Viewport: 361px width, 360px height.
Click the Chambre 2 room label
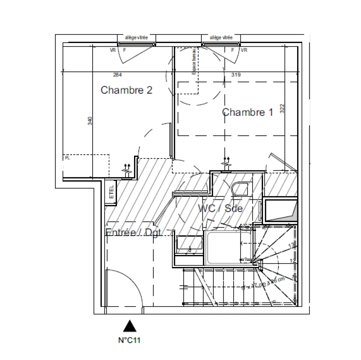pyautogui.click(x=126, y=90)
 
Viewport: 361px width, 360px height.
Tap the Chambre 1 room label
pyautogui.click(x=247, y=112)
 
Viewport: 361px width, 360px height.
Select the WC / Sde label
pyautogui.click(x=220, y=209)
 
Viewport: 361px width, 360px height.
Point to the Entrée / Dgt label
pyautogui.click(x=134, y=232)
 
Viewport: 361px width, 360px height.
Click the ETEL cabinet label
pyautogui.click(x=111, y=192)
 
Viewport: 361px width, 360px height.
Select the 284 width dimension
pyautogui.click(x=117, y=75)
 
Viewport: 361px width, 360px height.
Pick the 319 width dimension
pyautogui.click(x=236, y=75)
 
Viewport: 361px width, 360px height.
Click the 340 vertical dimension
pyautogui.click(x=89, y=121)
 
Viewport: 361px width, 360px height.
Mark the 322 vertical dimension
pyautogui.click(x=282, y=109)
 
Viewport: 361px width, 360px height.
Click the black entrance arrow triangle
pyautogui.click(x=130, y=326)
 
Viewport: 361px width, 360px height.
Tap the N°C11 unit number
pyautogui.click(x=130, y=341)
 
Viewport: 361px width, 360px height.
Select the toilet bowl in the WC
pyautogui.click(x=240, y=189)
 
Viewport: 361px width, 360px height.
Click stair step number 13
pyautogui.click(x=291, y=245)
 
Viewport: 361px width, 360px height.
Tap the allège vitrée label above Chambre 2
pyautogui.click(x=136, y=38)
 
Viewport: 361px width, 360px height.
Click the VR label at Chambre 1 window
pyautogui.click(x=244, y=50)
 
